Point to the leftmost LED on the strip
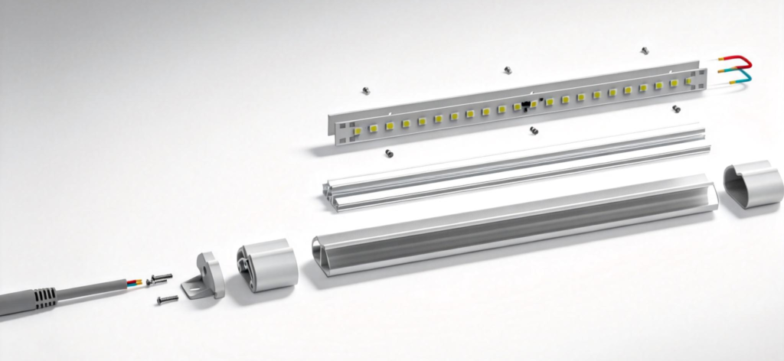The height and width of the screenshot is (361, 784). [x=357, y=131]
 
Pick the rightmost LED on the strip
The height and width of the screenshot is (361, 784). [x=689, y=80]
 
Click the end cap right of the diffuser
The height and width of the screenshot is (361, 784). [x=752, y=187]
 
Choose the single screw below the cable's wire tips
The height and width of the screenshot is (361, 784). [x=167, y=300]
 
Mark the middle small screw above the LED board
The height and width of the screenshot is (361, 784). [x=507, y=70]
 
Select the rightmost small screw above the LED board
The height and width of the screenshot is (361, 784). [x=645, y=50]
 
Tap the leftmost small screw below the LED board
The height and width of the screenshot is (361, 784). [x=389, y=152]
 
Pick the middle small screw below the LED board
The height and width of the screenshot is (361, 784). [x=534, y=131]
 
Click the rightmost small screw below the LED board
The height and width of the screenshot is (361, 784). [x=676, y=109]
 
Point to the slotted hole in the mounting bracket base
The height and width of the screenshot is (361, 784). [x=191, y=290]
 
